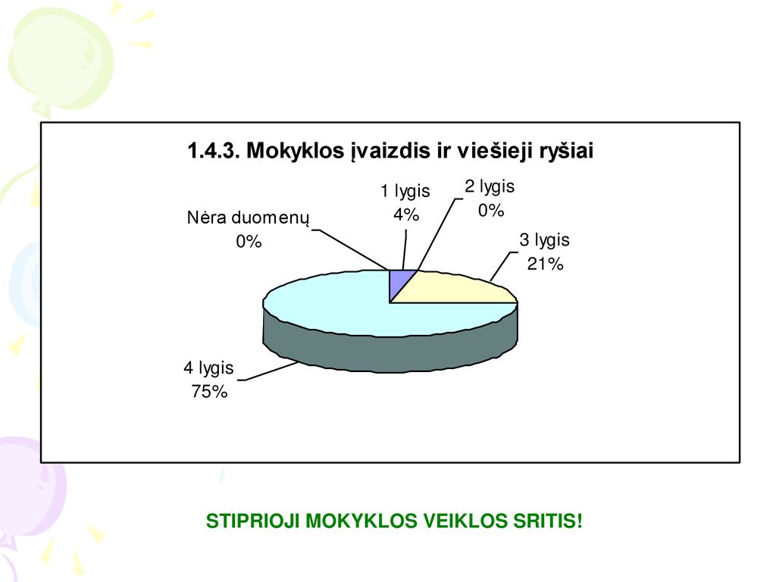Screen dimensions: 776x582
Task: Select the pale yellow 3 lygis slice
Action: [460, 289]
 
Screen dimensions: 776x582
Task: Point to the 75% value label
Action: [209, 392]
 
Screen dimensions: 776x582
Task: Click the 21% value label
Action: [545, 264]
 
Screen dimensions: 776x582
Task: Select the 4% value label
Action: [406, 214]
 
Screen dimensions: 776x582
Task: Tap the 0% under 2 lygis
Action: [491, 211]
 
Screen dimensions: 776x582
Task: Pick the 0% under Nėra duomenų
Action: [249, 242]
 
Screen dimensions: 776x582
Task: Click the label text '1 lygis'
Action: [405, 192]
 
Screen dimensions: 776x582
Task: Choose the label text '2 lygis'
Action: [490, 187]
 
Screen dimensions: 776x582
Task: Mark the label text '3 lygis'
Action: [544, 240]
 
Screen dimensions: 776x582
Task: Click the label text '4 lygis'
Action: [208, 368]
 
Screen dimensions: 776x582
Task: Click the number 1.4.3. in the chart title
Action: [214, 151]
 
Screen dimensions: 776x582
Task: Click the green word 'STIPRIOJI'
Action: [252, 521]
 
